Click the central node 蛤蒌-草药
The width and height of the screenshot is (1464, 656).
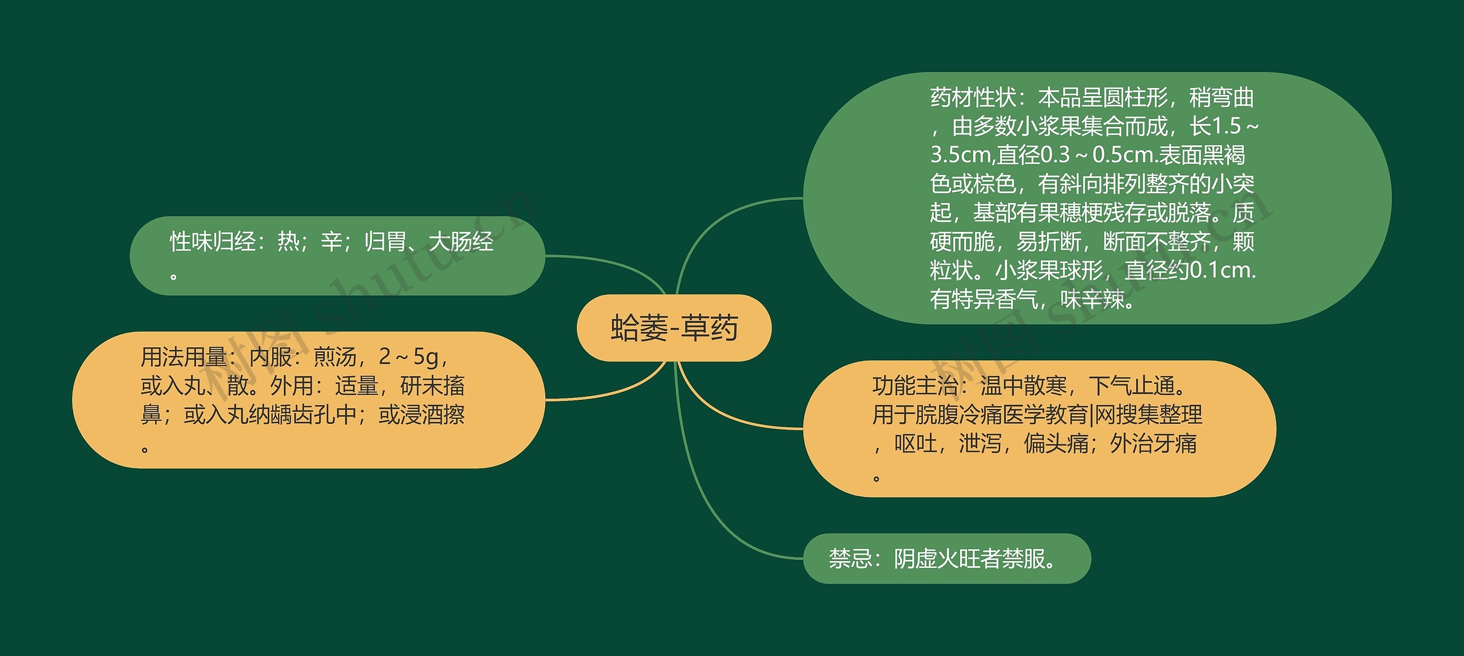click(674, 328)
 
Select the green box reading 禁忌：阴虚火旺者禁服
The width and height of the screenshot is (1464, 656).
click(947, 558)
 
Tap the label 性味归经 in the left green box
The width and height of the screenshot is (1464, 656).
click(213, 242)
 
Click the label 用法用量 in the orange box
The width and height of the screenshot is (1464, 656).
click(184, 357)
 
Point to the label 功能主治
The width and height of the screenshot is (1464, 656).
click(916, 386)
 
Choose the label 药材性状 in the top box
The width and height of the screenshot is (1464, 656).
click(973, 98)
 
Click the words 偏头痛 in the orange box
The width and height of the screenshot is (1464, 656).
click(1056, 444)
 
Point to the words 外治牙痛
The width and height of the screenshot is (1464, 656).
click(1153, 444)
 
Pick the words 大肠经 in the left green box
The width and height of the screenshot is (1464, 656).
click(461, 242)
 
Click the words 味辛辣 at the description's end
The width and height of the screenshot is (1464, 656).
click(1092, 299)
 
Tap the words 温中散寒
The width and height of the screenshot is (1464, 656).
click(1024, 386)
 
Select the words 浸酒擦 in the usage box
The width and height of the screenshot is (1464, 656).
click(432, 415)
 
